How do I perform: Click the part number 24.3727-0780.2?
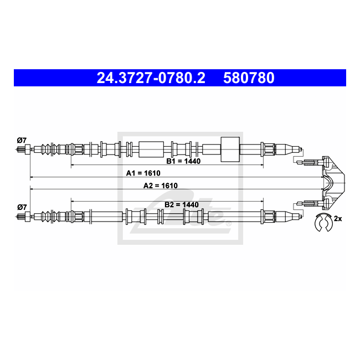click(x=151, y=78)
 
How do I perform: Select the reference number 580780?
click(x=249, y=78)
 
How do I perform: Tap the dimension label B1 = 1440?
click(x=183, y=161)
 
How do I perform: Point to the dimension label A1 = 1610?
click(x=143, y=173)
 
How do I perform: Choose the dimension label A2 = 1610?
click(x=161, y=186)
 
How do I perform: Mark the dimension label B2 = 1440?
click(x=182, y=204)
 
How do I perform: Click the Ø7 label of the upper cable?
click(x=22, y=140)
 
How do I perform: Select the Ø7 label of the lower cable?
click(x=22, y=207)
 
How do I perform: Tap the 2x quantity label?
click(x=338, y=219)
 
